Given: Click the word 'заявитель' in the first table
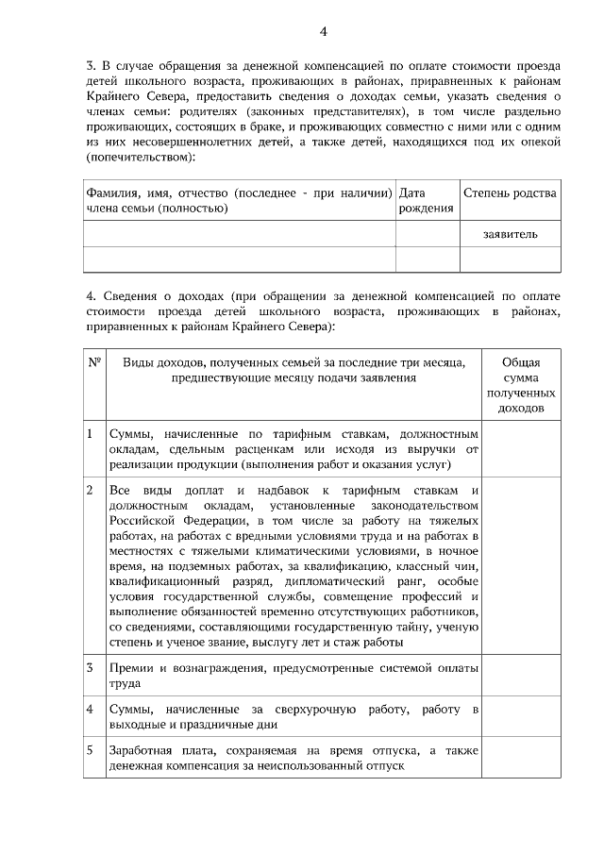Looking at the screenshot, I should point(510,232).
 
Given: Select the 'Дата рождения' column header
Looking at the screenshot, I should point(427,200).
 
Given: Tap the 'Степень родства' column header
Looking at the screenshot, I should point(510,193).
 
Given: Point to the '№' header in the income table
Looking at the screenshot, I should point(94,363).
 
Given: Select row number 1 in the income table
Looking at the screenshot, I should point(90,432).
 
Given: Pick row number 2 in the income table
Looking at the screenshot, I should point(90,491).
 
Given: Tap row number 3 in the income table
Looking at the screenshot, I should point(90,668).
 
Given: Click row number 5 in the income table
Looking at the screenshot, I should point(90,750).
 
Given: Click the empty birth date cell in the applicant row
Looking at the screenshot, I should point(427,232).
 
